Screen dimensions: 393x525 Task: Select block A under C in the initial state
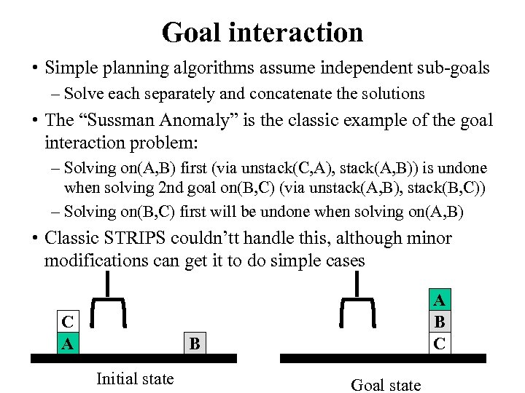point(68,342)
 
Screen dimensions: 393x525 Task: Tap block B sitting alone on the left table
point(194,343)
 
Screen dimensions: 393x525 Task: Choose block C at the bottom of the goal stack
point(439,343)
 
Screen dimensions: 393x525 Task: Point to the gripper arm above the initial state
point(109,298)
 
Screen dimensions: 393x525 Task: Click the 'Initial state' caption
point(135,378)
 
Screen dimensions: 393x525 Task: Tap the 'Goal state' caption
point(386,385)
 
